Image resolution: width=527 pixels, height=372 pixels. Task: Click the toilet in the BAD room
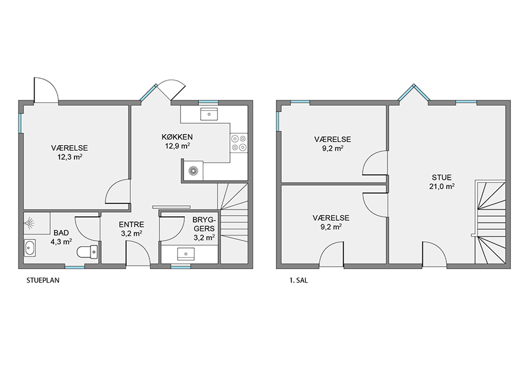(87, 252)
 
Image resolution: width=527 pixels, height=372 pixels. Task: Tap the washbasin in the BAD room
(30, 249)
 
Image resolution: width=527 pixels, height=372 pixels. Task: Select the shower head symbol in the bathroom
(30, 223)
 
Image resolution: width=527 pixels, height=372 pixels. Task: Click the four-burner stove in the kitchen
(239, 143)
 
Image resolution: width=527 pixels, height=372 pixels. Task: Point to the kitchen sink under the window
(209, 114)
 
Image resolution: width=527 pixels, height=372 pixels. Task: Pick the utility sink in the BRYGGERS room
(186, 254)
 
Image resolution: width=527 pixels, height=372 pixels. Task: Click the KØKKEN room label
(177, 137)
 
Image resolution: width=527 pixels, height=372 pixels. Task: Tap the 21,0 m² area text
(442, 187)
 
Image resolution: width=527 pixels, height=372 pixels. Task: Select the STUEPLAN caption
(43, 280)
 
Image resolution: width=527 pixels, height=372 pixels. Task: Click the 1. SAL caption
(299, 280)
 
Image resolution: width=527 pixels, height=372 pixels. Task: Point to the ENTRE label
(131, 224)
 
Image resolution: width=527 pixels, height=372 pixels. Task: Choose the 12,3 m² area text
(70, 157)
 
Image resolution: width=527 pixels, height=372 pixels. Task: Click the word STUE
(441, 177)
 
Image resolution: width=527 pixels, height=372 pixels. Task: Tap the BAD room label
(61, 233)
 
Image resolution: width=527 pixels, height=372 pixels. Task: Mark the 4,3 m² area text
(61, 242)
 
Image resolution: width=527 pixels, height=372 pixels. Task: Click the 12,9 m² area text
(177, 146)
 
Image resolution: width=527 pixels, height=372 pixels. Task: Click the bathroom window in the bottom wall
(74, 267)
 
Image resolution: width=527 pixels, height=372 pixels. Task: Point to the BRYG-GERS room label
(204, 224)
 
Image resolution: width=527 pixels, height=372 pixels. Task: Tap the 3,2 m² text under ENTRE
(131, 234)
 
